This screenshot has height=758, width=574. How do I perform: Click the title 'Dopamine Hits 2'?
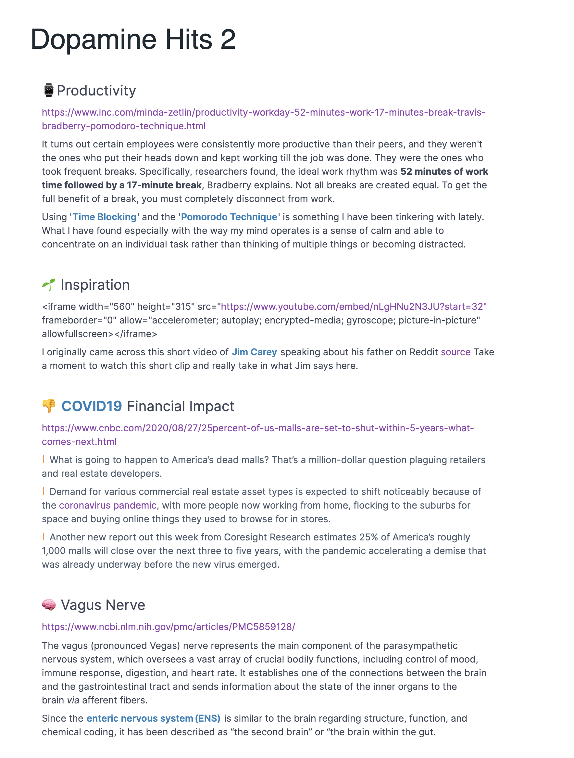133,39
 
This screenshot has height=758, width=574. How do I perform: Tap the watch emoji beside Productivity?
49,91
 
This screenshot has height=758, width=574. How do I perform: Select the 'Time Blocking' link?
105,217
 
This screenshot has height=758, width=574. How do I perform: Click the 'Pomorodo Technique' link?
229,217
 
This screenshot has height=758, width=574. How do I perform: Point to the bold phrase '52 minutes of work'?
444,172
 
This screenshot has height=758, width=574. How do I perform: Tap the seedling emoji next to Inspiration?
49,285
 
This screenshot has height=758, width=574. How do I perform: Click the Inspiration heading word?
95,285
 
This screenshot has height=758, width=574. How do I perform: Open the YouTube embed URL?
354,307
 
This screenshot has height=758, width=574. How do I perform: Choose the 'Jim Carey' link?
254,352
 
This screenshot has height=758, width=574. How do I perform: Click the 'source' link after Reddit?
455,352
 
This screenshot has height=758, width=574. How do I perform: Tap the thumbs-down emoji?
49,406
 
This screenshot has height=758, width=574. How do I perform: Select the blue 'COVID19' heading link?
92,406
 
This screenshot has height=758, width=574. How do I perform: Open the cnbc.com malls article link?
257,428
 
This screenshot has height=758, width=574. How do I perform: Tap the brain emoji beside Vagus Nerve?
49,605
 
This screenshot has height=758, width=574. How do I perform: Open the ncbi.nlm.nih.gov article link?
168,627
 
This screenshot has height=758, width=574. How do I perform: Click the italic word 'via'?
73,701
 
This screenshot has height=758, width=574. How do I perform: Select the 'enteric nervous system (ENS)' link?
153,719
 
